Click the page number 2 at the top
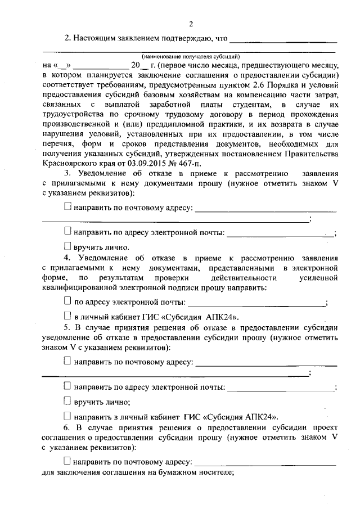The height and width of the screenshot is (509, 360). [x=191, y=24]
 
